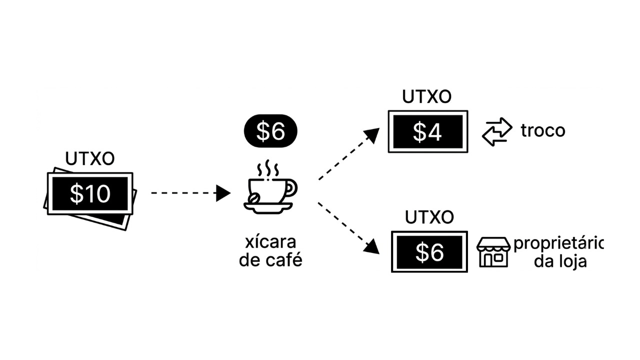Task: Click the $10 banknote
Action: tap(90, 194)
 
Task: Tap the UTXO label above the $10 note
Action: tap(90, 159)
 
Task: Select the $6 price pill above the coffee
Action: tap(270, 131)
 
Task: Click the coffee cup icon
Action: tap(270, 192)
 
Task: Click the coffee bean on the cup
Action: tap(255, 198)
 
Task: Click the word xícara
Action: tap(270, 242)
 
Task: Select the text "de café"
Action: tap(270, 260)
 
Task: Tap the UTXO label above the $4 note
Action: tap(427, 97)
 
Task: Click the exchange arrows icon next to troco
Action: tap(497, 131)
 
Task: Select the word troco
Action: tap(543, 131)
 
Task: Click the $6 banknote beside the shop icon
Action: tap(429, 252)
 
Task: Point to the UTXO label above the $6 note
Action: tap(429, 217)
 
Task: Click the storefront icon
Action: tap(493, 252)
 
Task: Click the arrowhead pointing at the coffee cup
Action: tap(223, 193)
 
